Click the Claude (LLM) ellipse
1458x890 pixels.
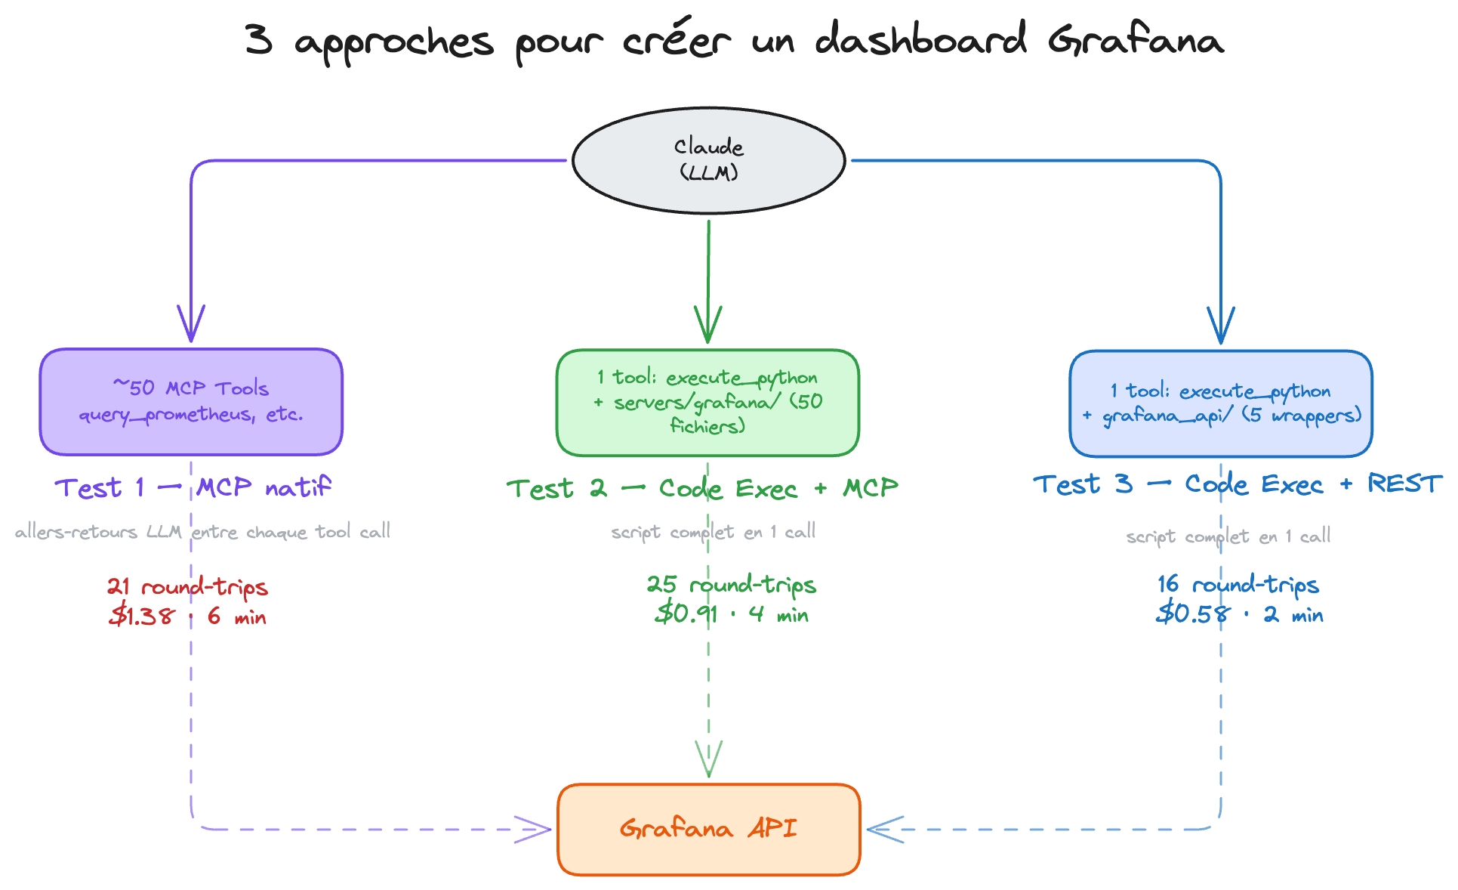(708, 160)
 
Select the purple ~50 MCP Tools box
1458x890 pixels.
(191, 401)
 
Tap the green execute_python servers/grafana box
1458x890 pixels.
(707, 402)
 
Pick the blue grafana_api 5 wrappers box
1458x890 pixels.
(1220, 403)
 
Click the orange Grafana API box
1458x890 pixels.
(708, 829)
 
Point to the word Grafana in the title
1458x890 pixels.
(1135, 40)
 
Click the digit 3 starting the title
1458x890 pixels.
(258, 39)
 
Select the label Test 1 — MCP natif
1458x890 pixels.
(193, 487)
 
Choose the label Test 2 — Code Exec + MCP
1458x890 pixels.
(702, 489)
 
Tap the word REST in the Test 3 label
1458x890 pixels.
(1404, 484)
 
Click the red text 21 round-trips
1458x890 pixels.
(187, 586)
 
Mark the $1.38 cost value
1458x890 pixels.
(142, 616)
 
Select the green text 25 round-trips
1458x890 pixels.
(731, 584)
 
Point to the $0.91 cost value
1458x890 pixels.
(686, 613)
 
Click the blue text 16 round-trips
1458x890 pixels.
(1238, 584)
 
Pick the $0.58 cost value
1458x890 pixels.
(1192, 613)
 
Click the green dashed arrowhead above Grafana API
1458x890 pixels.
(708, 759)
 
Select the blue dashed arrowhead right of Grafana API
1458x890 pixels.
(885, 829)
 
